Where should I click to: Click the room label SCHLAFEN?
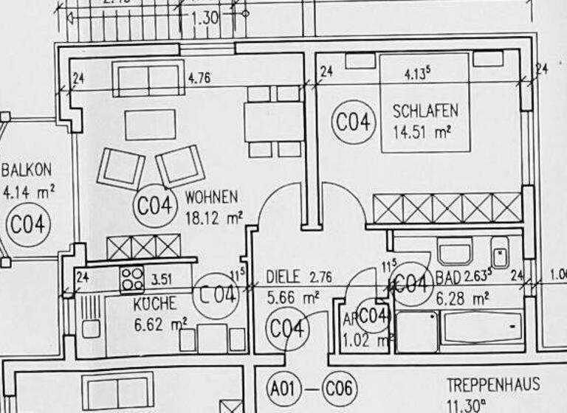tap(425, 111)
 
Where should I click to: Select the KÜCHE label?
tap(154, 303)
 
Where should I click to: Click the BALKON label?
tap(27, 170)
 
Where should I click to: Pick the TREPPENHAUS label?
tap(492, 384)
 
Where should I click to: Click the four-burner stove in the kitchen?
tap(132, 280)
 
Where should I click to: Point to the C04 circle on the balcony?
tap(27, 223)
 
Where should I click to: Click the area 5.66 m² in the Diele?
tap(293, 297)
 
